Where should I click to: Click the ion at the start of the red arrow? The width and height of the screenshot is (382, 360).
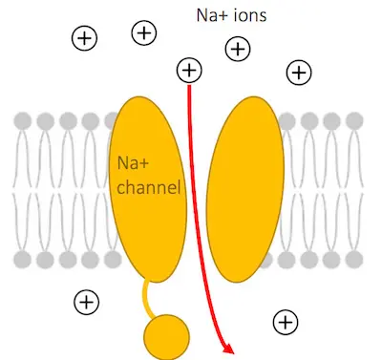coord(189,70)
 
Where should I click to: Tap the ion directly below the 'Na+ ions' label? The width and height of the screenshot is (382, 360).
coord(236,49)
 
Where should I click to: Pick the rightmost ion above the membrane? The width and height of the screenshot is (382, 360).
coord(299,72)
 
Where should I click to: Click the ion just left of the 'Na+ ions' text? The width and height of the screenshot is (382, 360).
coord(143,32)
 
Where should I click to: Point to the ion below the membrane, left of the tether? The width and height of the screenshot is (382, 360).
coord(87,302)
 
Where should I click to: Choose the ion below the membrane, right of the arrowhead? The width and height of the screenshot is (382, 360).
coord(284,322)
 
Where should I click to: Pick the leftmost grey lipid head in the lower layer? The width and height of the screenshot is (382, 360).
coord(22,259)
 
